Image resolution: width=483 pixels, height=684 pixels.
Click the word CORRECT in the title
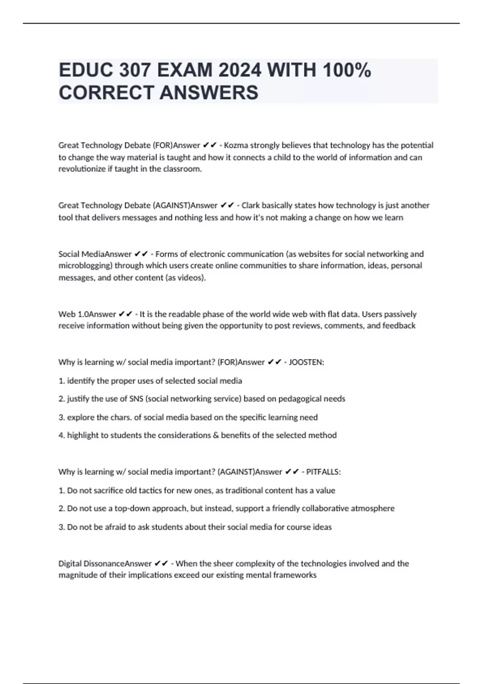coord(105,93)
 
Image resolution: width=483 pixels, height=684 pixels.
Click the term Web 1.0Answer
coord(87,314)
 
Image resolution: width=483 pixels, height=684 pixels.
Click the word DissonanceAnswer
coord(117,564)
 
